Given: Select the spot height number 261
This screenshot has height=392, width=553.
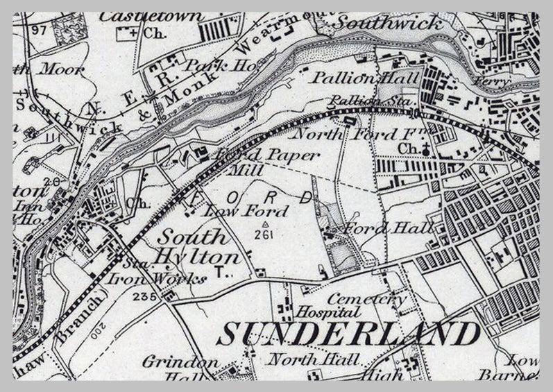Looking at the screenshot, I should pos(264,235).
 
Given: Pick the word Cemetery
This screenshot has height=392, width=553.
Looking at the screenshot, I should pos(367,299).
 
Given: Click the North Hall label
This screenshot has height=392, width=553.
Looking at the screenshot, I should pos(314,359).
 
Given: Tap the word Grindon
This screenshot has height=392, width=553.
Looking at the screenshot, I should pos(171,361).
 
